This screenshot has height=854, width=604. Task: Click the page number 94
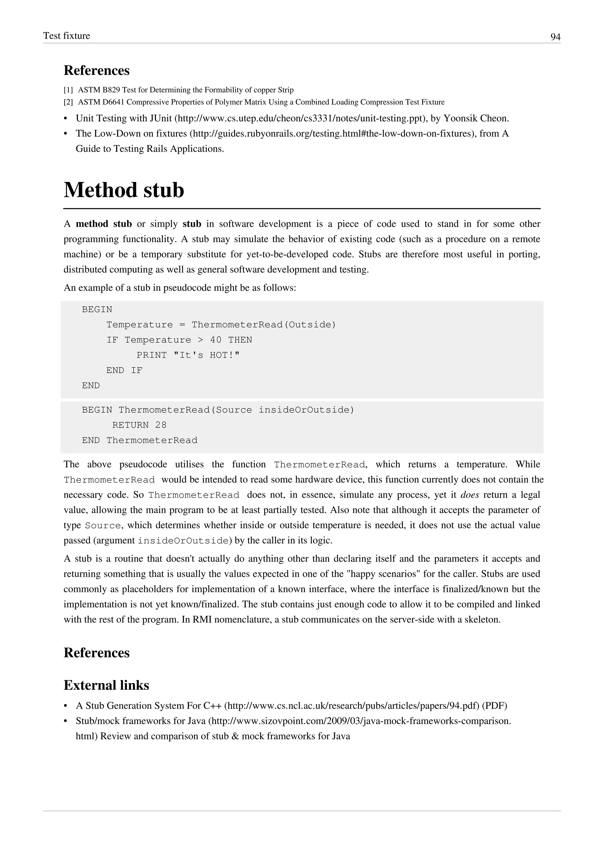[555, 37]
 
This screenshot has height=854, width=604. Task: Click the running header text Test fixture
[67, 36]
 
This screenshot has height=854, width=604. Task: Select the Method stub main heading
[124, 190]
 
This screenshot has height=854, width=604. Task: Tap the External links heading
[106, 685]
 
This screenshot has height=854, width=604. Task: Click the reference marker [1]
[68, 90]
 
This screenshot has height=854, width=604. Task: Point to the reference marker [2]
[68, 102]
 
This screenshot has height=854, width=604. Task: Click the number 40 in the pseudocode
[216, 340]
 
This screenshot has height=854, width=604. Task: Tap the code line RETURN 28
[139, 425]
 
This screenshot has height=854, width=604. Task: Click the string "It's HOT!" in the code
[207, 355]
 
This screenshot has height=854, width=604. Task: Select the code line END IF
[124, 370]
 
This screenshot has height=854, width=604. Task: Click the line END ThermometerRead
[139, 440]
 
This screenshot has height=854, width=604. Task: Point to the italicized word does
[469, 495]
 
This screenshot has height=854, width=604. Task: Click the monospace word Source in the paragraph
[103, 525]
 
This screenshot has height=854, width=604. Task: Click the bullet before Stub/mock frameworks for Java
[66, 721]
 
